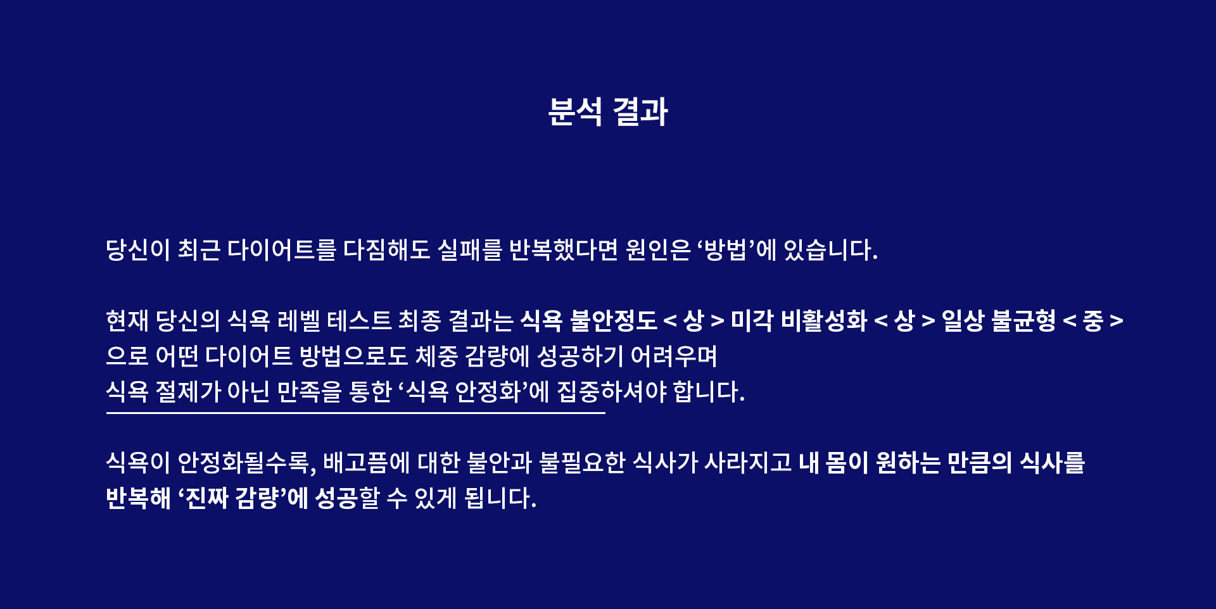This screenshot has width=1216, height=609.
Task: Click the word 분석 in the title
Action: point(575,112)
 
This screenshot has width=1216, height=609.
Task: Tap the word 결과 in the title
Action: point(640,112)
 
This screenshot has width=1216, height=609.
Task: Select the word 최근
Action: point(199,250)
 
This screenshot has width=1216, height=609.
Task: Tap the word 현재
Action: point(127,321)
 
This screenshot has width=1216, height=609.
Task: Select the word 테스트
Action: point(359,321)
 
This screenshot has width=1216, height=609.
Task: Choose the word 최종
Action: point(419,321)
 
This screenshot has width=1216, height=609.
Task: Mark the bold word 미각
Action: point(752,321)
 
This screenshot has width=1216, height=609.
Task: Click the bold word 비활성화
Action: point(824,321)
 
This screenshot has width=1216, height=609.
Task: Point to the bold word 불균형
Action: point(1023,321)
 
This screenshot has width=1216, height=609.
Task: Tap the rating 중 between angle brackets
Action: point(1093,321)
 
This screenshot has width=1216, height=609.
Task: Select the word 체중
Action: point(436,356)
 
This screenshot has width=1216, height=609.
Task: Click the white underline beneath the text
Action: point(356,413)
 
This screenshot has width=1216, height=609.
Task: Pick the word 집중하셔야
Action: point(612,392)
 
